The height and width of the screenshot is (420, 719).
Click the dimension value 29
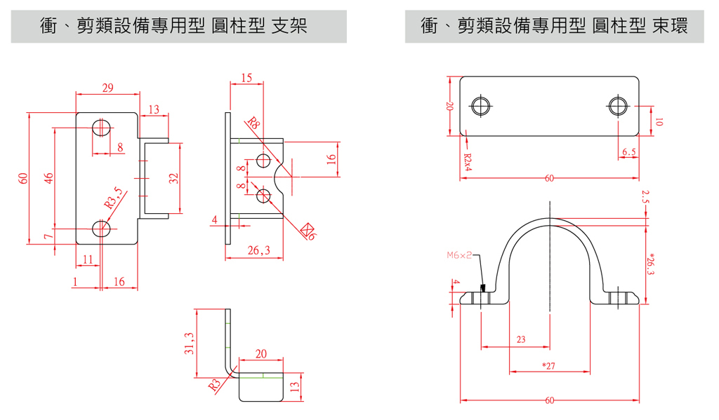point(107,88)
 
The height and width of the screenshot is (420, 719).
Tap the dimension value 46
point(48,178)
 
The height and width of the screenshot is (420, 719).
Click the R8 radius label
point(253,124)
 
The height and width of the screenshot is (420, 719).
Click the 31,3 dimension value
point(189,344)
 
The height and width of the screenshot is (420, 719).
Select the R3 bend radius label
point(214,384)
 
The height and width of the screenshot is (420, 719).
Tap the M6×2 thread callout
point(459,256)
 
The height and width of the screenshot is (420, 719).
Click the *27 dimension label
point(549,365)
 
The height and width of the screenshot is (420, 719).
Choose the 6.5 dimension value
point(628,151)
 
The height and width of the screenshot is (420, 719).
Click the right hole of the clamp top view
point(618,106)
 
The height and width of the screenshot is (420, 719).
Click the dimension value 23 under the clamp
point(521,339)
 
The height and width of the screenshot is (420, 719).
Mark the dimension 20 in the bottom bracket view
point(261,354)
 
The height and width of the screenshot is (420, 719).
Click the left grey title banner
point(178,27)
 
